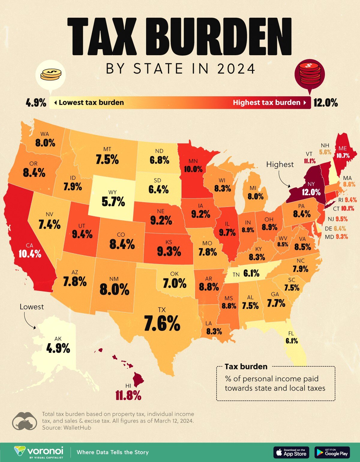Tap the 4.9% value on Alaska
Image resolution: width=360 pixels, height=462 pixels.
[58, 349]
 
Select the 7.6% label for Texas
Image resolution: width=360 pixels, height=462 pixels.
[162, 323]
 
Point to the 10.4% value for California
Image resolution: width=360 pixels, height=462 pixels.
[30, 254]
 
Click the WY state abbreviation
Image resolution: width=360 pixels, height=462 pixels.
[112, 192]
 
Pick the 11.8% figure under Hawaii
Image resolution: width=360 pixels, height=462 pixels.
[128, 396]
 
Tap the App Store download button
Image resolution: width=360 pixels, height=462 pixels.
[291, 452]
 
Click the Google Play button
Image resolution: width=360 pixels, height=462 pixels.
[332, 452]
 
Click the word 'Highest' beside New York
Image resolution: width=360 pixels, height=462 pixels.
[280, 164]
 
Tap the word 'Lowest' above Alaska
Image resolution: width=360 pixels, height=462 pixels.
[31, 307]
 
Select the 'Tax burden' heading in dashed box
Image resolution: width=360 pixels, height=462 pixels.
[246, 367]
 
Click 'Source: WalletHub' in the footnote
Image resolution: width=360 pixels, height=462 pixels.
[66, 427]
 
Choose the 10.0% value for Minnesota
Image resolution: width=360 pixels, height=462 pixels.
[193, 169]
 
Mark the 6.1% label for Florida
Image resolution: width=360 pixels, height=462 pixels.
[292, 341]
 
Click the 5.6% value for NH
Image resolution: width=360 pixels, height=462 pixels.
[325, 152]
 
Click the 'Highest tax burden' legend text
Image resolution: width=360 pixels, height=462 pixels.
[266, 103]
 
